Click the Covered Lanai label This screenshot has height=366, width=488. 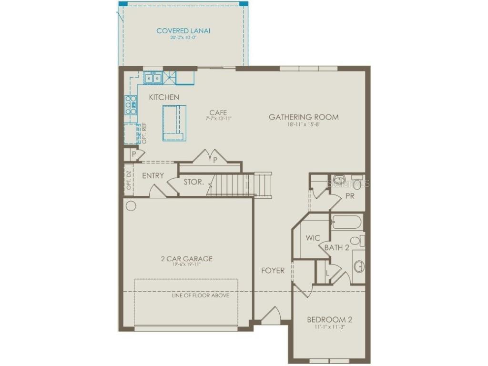click(x=183, y=31)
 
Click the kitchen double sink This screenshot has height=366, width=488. click(x=153, y=77)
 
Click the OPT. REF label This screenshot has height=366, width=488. click(x=144, y=133)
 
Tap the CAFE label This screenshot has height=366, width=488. click(x=218, y=113)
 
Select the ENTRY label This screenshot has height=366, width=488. click(x=153, y=176)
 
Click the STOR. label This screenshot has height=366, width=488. click(x=194, y=182)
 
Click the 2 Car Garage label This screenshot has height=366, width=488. click(x=186, y=259)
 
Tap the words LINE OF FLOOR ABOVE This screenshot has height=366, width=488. click(x=200, y=295)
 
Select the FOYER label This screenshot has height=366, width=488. click(x=273, y=271)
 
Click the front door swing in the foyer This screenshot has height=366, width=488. click(x=271, y=315)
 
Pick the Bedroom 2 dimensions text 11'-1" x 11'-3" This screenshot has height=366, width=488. click(x=329, y=327)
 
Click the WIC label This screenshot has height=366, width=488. click(x=313, y=238)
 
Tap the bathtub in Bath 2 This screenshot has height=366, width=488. click(x=346, y=222)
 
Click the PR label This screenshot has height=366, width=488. click(x=350, y=196)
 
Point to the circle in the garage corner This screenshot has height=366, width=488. click(x=131, y=206)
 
